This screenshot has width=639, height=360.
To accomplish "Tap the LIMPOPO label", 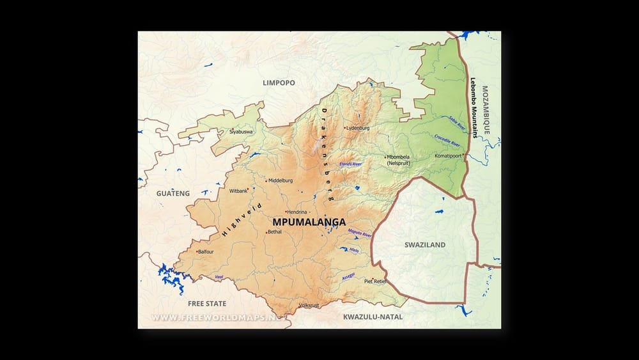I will [279, 83].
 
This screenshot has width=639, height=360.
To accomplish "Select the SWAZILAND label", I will [425, 245].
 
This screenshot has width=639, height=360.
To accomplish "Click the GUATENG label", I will [173, 193].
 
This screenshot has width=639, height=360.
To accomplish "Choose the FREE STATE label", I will [207, 303].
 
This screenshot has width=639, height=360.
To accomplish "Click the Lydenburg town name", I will [358, 128].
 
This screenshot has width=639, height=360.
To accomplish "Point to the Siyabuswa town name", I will [241, 132].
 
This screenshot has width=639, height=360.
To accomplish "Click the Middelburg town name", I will [281, 180].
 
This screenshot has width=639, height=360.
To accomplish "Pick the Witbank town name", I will [238, 191].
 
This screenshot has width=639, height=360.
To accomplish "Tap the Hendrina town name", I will [298, 212].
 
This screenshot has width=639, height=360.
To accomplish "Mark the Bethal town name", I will [275, 232].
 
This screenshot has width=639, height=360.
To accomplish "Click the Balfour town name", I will [206, 252].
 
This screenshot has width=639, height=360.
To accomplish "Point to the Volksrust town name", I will [309, 306].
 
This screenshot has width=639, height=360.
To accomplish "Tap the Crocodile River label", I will [447, 141].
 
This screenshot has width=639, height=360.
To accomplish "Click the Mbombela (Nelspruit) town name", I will [398, 160].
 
